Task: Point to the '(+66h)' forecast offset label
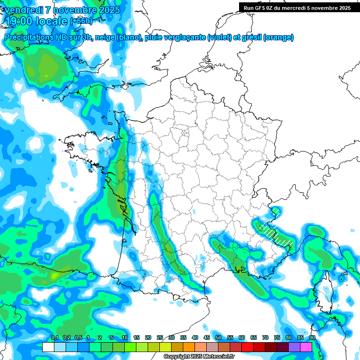[81, 21]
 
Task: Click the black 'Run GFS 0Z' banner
[297, 7]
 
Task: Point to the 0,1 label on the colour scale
[54, 337]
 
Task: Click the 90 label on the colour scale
[312, 337]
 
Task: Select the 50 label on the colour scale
[218, 337]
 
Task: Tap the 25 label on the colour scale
[160, 337]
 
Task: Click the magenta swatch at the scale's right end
[306, 347]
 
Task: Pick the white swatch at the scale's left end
[48, 347]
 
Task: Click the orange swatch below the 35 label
[188, 347]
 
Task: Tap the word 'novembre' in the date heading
[74, 10]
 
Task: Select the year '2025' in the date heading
[110, 10]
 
